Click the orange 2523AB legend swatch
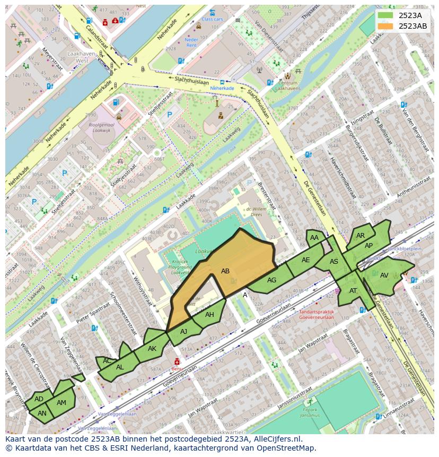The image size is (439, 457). click(x=385, y=26)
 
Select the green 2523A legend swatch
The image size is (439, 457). click(x=385, y=15)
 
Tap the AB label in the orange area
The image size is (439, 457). click(x=225, y=271)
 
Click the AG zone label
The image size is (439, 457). click(x=271, y=280)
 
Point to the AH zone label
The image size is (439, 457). click(x=209, y=315)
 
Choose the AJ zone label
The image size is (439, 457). click(x=184, y=331)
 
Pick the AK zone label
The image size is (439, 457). click(x=152, y=349)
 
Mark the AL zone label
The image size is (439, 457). click(x=120, y=367)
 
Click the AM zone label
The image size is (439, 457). click(x=62, y=403)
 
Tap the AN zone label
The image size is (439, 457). click(x=42, y=413)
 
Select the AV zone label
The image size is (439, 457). click(x=384, y=275)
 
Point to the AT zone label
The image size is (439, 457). click(x=353, y=290)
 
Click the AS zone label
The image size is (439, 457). click(x=334, y=262)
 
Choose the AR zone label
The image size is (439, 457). click(x=361, y=236)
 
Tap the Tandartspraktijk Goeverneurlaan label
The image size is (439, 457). click(x=317, y=315)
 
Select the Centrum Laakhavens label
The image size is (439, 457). click(x=288, y=85)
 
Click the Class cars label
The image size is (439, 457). click(x=212, y=19)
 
